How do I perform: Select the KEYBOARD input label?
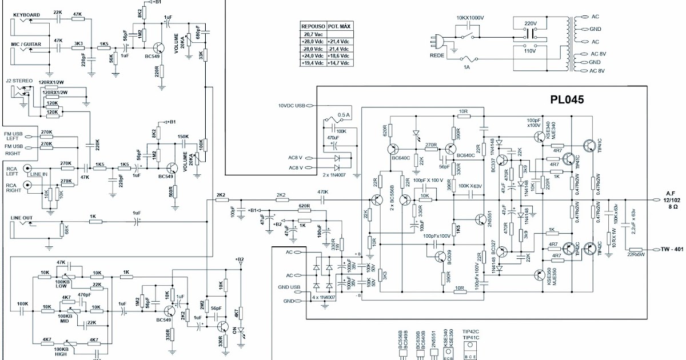click(x=26, y=14)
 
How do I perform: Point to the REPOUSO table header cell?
click(x=313, y=26)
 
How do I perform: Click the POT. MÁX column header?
click(x=339, y=26)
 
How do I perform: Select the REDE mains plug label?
click(x=438, y=55)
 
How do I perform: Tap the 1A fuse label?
click(x=466, y=67)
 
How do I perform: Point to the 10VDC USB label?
click(x=292, y=106)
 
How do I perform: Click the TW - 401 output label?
click(x=672, y=249)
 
